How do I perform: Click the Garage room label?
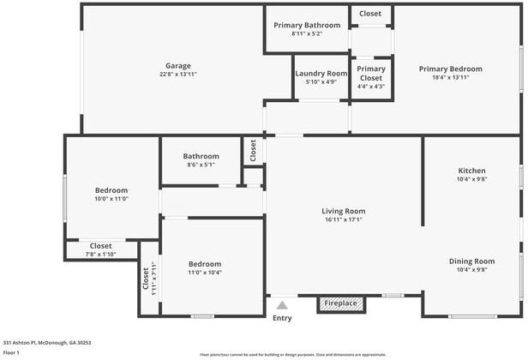point(178,65)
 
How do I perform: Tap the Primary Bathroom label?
point(307,25)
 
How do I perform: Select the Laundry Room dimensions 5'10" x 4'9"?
point(321,84)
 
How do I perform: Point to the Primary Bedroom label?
point(450,69)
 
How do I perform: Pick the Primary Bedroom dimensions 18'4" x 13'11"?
point(450,78)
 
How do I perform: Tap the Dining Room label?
point(471,261)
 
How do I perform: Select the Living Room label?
point(344,211)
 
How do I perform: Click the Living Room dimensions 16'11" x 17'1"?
point(344,220)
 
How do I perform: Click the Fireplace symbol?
point(341,303)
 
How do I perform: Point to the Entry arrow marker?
point(282,303)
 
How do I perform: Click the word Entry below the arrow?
point(282,318)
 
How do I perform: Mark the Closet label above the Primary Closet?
point(370,13)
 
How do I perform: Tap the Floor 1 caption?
point(11,352)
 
